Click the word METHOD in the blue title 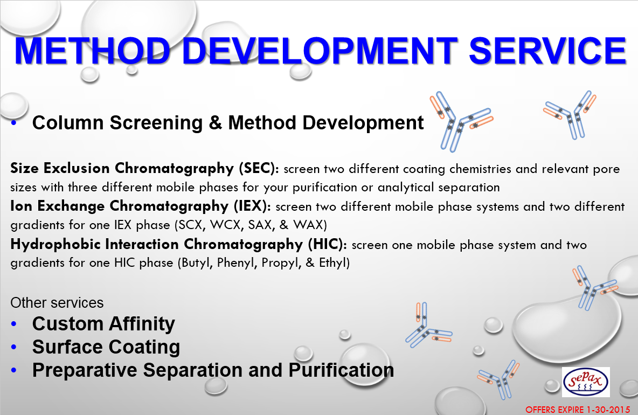point(92,51)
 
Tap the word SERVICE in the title point(547,51)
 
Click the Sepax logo point(586,382)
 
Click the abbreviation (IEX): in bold point(252,206)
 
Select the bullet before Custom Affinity point(14,324)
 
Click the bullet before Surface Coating point(14,347)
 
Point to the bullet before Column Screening point(14,122)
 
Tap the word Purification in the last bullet point(341,370)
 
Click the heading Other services point(57,303)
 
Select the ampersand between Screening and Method point(215,123)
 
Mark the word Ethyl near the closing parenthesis point(332,263)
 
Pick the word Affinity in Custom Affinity point(142,324)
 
